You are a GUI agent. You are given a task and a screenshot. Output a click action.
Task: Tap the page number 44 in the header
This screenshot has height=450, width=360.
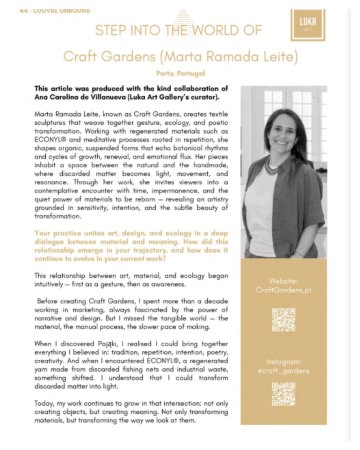(x=23, y=11)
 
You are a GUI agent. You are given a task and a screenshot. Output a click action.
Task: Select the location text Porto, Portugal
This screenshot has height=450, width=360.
(x=180, y=73)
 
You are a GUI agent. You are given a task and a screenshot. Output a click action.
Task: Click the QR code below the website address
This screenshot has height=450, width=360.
(x=283, y=320)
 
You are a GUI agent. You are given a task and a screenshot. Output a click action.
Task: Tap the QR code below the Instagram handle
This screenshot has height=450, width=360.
(x=283, y=394)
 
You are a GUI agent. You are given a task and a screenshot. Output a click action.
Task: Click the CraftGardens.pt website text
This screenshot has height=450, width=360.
(x=283, y=290)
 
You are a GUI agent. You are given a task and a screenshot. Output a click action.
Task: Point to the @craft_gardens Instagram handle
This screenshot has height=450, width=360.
(x=283, y=371)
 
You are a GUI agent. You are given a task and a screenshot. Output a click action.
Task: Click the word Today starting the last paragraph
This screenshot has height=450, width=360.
(x=44, y=403)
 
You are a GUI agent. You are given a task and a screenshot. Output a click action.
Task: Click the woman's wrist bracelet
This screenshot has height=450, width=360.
(x=298, y=255)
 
